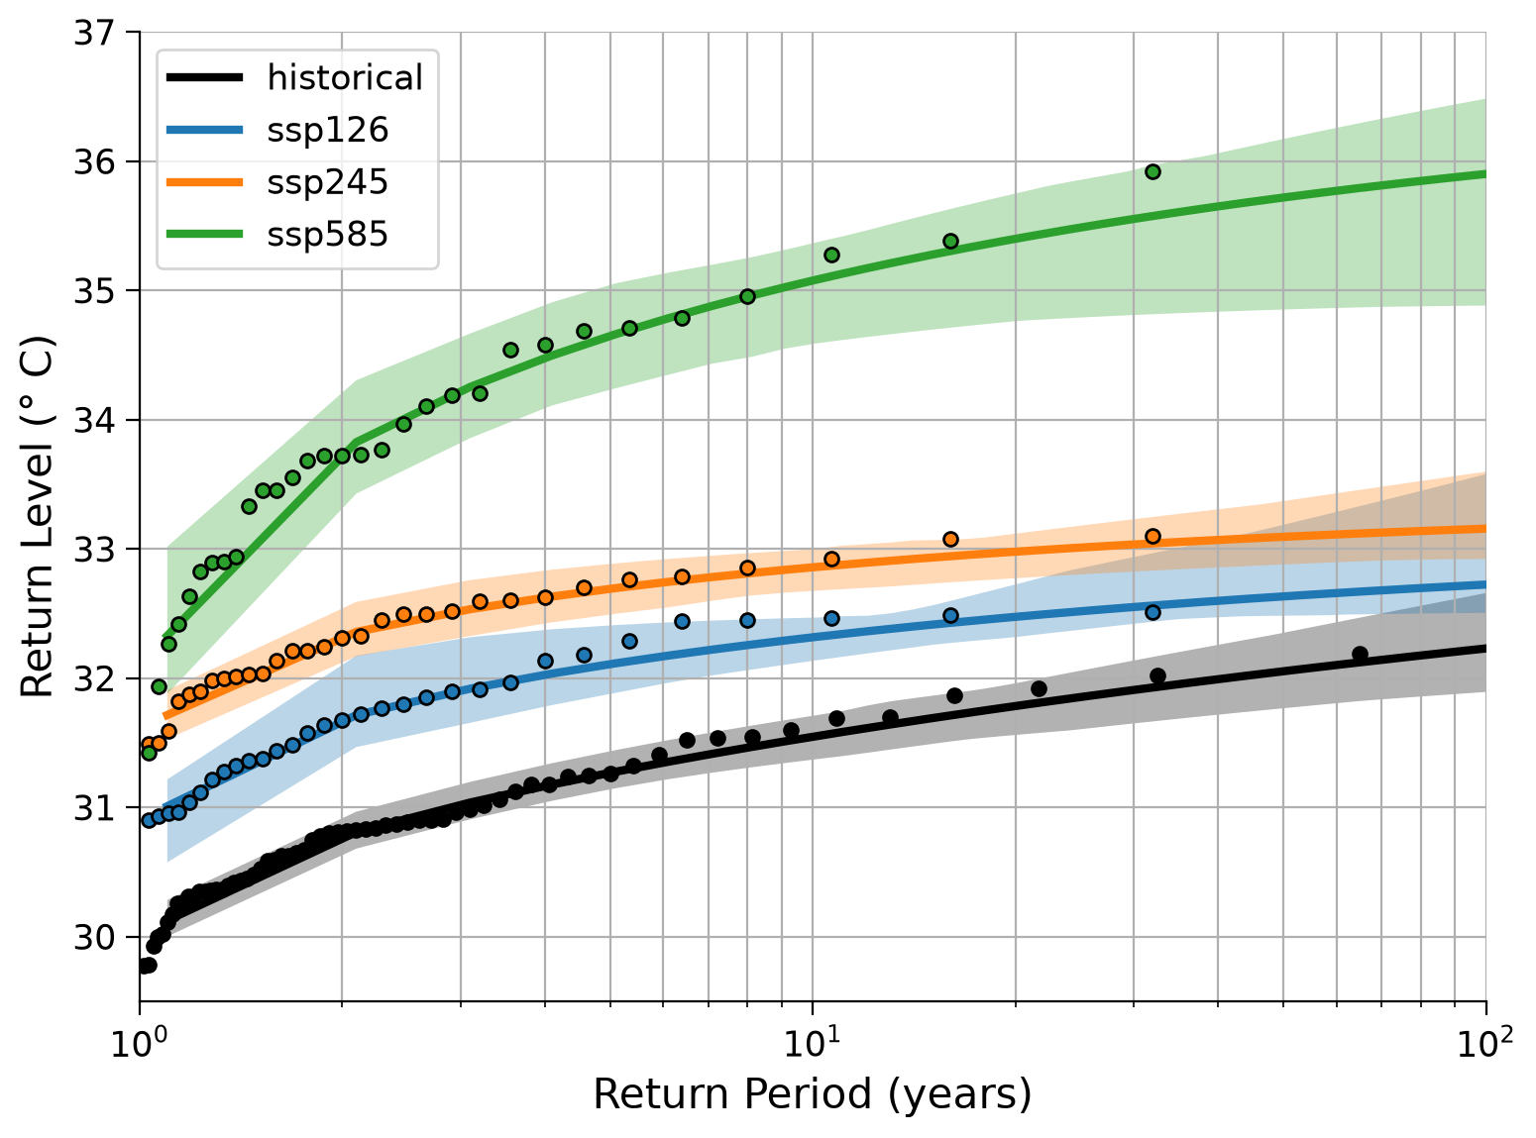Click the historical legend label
[x=344, y=77]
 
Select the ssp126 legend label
[x=328, y=130]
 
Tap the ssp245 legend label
[x=328, y=182]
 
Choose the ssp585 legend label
[x=328, y=234]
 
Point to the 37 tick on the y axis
[x=94, y=33]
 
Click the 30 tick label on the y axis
[x=94, y=937]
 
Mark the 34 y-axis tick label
[x=94, y=420]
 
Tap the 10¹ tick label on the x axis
[x=812, y=1042]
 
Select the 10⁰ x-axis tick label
[x=139, y=1042]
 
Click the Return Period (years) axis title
[x=813, y=1094]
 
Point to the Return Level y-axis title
[x=36, y=516]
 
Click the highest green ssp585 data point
[x=1153, y=171]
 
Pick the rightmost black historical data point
[x=1360, y=654]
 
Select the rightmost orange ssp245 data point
[x=1153, y=537]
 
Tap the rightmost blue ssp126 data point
[x=1153, y=613]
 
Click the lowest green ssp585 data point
[x=149, y=753]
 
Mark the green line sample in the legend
[x=205, y=234]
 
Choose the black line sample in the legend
[x=205, y=77]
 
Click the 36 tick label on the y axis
[x=94, y=162]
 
